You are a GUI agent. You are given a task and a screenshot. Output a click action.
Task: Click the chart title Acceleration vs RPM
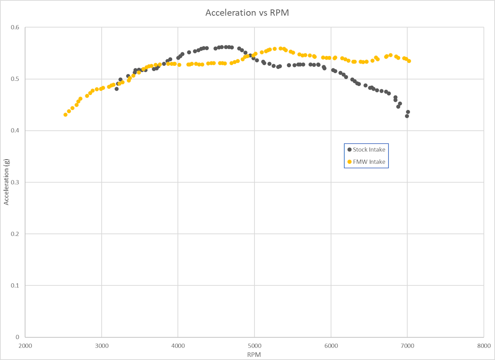(247, 12)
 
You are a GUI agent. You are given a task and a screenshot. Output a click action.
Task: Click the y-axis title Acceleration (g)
(7, 182)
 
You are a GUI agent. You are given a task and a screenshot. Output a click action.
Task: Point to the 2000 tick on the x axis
(25, 345)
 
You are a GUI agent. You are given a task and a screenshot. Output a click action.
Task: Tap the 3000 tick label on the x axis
(102, 345)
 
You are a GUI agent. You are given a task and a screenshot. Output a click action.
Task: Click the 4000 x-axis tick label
(178, 345)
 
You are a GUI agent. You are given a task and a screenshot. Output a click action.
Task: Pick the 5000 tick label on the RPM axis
(254, 345)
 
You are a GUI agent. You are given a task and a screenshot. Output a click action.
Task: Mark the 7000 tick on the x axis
(407, 345)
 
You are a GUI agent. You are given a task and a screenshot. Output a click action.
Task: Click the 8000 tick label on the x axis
(483, 345)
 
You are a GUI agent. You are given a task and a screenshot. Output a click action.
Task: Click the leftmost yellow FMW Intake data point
(65, 115)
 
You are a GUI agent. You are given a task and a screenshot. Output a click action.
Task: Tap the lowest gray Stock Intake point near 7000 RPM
(407, 116)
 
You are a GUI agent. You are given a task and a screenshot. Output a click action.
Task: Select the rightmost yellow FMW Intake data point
(409, 61)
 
